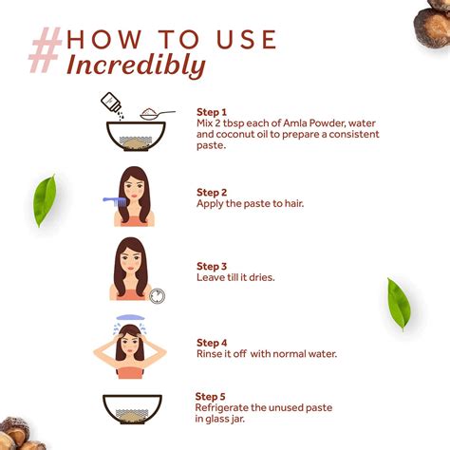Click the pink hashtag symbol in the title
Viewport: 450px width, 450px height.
pos(46,50)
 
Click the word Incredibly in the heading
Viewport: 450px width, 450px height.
pos(136,66)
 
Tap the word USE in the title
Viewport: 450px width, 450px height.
pos(246,39)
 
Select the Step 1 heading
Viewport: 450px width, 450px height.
pos(212,112)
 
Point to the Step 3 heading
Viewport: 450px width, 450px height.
pos(212,267)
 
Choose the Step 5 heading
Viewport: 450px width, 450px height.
pos(210,397)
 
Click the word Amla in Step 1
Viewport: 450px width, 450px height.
pos(295,123)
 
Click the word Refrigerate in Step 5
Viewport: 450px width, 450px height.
pos(221,408)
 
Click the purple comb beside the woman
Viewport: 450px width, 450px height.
pos(116,201)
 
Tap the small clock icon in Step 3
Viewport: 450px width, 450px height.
pos(158,296)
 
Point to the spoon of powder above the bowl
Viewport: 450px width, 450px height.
pos(158,114)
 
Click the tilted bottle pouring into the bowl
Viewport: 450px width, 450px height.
pos(111,103)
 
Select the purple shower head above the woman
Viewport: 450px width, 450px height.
pos(130,317)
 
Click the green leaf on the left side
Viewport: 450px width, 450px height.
pos(45,200)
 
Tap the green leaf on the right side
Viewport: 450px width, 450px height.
pos(399,304)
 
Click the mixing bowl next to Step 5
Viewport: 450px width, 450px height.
pos(132,409)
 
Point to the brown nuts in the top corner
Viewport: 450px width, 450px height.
pos(432,23)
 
